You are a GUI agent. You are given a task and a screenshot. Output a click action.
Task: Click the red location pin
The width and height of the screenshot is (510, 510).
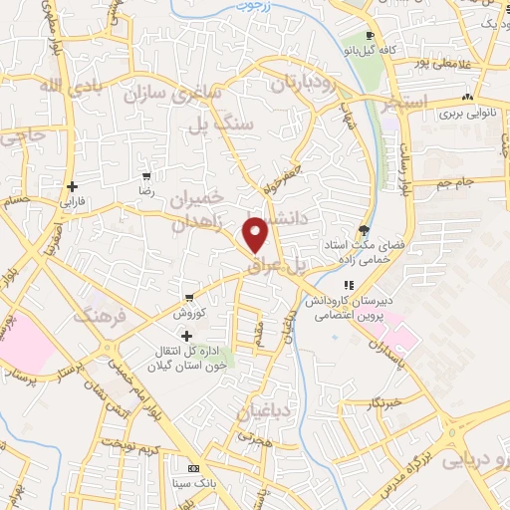[x=256, y=235]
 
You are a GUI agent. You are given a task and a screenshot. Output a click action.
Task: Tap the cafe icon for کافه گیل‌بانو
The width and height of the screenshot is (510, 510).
[x=371, y=37]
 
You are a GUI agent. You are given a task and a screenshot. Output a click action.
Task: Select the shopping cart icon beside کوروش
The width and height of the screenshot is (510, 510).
[x=188, y=298]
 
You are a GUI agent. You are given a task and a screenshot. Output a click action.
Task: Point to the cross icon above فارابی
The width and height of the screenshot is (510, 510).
[x=72, y=186]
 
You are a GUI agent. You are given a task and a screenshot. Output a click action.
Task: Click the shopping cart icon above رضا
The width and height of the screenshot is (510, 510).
[x=146, y=175]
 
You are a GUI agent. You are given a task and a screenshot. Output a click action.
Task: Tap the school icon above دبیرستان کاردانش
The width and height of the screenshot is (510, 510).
[x=349, y=286]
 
